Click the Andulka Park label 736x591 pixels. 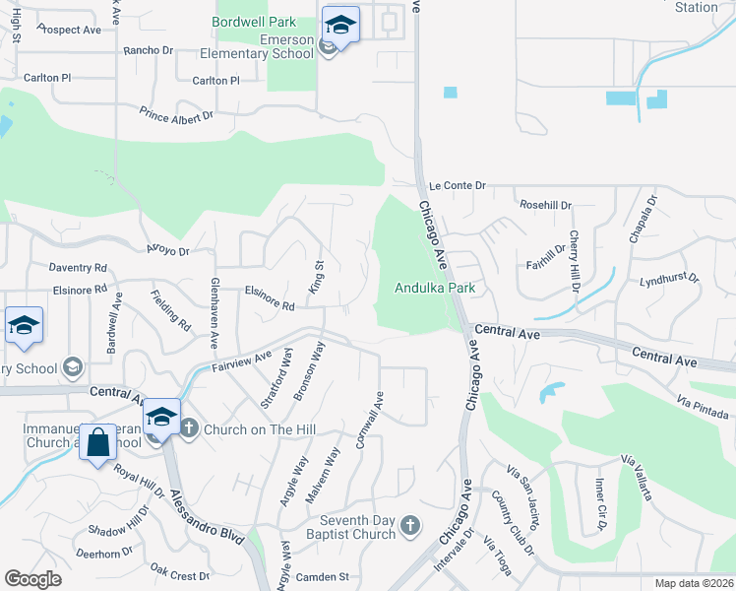coord(435,288)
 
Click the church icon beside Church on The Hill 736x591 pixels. coord(189,428)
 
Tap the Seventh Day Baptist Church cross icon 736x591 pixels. coord(411,527)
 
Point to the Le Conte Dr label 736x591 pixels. coord(458,185)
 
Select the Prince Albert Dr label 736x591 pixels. coord(176,115)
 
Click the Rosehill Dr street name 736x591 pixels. coord(546,205)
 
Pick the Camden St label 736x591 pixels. coord(323,576)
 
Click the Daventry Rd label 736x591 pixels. coord(78,267)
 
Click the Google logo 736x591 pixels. coord(32,579)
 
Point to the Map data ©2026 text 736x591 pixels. coord(694,583)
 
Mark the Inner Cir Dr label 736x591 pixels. coord(598,504)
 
